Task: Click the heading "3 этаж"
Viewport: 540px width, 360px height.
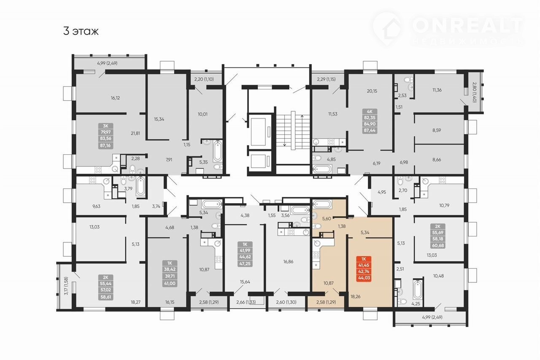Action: [81, 31]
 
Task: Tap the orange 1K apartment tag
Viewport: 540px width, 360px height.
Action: [364, 269]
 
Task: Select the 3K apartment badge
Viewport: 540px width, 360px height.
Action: [105, 136]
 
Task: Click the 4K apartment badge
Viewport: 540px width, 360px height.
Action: [370, 121]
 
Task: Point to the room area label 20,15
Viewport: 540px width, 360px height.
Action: [372, 91]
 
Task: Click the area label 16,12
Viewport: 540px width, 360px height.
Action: [115, 98]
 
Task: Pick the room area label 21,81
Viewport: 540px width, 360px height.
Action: [135, 133]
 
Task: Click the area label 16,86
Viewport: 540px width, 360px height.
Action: [288, 261]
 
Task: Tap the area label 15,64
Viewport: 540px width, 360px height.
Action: [245, 282]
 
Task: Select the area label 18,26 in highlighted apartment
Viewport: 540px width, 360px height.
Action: [355, 296]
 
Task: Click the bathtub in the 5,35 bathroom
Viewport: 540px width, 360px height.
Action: [217, 151]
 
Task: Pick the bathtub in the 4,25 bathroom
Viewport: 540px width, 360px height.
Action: [417, 290]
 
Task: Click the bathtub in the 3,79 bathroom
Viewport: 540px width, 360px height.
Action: [140, 187]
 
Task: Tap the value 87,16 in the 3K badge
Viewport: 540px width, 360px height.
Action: [105, 145]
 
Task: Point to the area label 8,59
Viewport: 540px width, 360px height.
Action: [437, 130]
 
